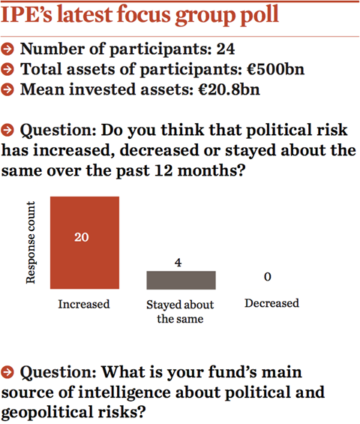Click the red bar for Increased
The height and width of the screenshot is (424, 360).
pos(85,242)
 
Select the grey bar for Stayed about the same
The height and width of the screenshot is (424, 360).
pos(181,280)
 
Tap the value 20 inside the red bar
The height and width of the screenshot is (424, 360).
pos(81,237)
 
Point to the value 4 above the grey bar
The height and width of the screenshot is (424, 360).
pos(178,263)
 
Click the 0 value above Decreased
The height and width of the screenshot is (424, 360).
pos(268,277)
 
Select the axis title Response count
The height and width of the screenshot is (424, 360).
pos(31,242)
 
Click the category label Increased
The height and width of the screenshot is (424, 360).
pos(84,304)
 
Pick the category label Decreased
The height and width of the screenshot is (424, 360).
pos(272,303)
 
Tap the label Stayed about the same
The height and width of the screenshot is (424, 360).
pos(180,311)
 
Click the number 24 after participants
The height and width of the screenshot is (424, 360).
pos(226,50)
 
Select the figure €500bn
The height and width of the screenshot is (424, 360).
pos(276,69)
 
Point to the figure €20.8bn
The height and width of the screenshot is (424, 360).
pos(229,89)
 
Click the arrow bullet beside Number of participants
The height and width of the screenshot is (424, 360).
pos(7,50)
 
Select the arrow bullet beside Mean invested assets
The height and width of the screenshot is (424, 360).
pos(7,89)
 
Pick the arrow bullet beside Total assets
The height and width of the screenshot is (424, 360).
pos(7,70)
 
